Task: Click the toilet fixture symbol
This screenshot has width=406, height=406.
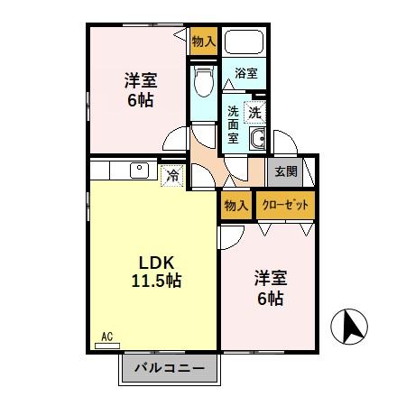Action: [204, 81]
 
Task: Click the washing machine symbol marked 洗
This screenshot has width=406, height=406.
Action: [255, 113]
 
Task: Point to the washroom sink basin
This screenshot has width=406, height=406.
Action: [256, 140]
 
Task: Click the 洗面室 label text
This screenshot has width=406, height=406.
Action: [233, 125]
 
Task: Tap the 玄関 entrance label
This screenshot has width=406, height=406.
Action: [285, 171]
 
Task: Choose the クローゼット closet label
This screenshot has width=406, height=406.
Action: [285, 205]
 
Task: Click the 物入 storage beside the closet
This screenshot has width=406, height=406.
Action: [235, 205]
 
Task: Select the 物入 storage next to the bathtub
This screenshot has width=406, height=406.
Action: [203, 41]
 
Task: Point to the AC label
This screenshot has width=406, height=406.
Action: [106, 337]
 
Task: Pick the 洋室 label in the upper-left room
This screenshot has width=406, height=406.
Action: [140, 78]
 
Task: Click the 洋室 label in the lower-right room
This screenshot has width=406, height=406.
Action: [270, 277]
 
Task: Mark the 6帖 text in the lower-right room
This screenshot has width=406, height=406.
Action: [270, 299]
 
